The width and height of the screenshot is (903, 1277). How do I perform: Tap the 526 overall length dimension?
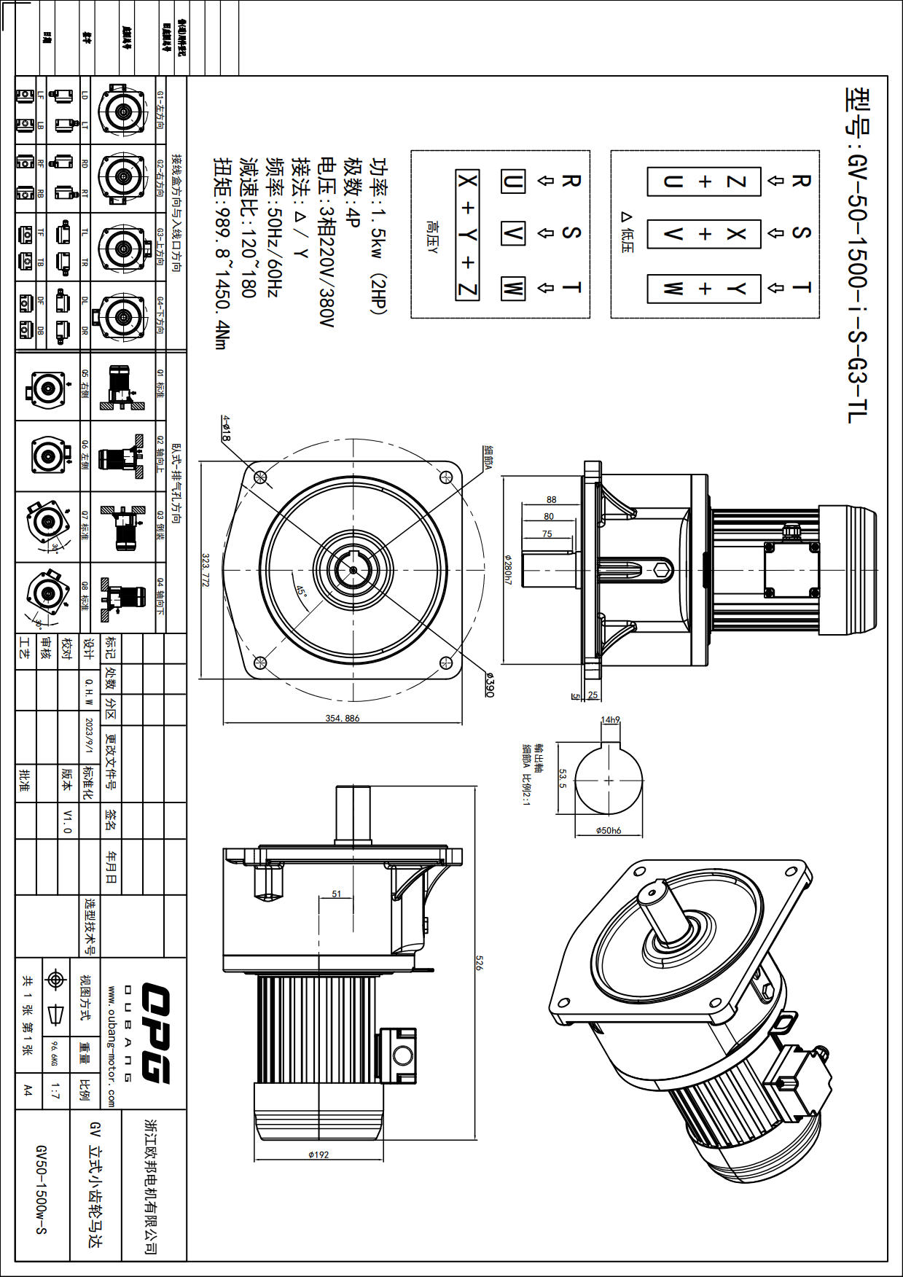click(x=479, y=962)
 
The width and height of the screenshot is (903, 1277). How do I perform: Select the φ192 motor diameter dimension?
click(x=318, y=1155)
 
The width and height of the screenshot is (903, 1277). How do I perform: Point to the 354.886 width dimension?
click(x=343, y=718)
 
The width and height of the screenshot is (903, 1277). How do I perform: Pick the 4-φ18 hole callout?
click(x=227, y=428)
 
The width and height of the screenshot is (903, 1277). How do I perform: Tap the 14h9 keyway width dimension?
click(x=610, y=720)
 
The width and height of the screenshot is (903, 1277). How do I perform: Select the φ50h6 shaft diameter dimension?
click(x=609, y=830)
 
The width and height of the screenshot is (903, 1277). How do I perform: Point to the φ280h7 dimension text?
click(x=508, y=569)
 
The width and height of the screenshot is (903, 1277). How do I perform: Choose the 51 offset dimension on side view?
click(x=337, y=894)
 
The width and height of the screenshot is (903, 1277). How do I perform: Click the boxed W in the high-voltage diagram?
click(x=512, y=288)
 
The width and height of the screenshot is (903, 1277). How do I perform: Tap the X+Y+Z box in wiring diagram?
click(x=467, y=235)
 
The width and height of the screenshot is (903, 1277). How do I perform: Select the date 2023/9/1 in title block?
click(x=90, y=737)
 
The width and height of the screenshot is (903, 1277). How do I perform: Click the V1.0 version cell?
click(x=68, y=821)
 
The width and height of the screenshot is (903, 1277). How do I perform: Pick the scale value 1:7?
click(x=55, y=1090)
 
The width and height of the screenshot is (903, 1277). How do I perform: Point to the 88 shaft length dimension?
click(x=551, y=500)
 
